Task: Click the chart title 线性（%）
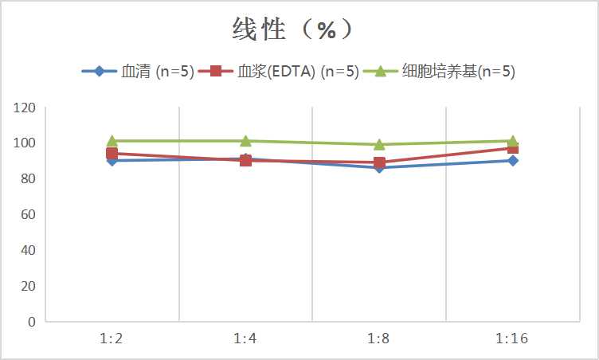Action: point(292,29)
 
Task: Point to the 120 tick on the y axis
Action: point(25,108)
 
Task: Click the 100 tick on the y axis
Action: point(25,143)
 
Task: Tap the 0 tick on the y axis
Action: point(32,322)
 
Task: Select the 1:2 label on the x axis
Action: point(112,338)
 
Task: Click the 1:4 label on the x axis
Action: point(245,338)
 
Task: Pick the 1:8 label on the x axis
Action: point(379,338)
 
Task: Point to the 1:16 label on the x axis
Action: point(512,338)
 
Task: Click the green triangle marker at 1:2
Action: point(112,141)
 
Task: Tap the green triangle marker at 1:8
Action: point(379,144)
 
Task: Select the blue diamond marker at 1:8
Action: point(379,167)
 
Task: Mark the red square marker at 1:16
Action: point(513,148)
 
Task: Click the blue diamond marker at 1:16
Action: point(513,160)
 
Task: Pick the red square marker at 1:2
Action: point(112,153)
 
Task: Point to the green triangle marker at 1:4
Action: point(245,141)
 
